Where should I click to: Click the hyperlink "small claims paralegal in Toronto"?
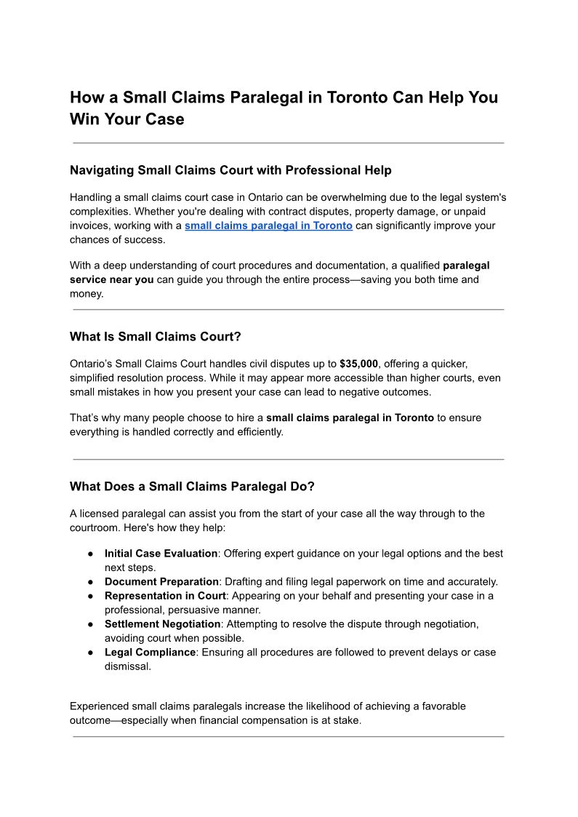268,226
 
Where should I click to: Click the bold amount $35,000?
358,364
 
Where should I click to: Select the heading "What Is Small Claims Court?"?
155,337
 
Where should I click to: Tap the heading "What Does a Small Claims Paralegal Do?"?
192,487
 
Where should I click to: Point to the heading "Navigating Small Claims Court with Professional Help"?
230,170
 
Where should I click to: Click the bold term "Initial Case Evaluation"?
161,554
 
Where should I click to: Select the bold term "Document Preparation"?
161,582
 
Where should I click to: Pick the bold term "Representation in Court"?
166,596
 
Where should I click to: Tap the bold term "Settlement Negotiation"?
162,624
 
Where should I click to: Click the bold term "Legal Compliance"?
150,653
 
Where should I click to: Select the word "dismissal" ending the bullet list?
128,666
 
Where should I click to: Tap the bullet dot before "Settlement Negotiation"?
90,624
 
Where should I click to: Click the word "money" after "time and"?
85,293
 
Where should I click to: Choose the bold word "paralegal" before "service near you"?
466,266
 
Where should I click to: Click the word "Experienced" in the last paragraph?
100,706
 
